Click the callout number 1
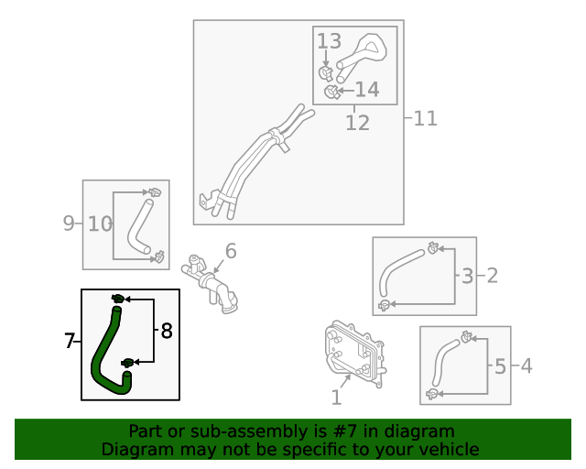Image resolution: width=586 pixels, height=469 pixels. [x=336, y=398]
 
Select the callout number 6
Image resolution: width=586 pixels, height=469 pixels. [x=231, y=250]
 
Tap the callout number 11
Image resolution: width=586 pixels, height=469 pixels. [x=425, y=118]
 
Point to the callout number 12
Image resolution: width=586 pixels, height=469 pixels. [x=357, y=122]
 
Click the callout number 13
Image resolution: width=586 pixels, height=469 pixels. [x=329, y=41]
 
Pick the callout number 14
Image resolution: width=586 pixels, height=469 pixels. [x=366, y=89]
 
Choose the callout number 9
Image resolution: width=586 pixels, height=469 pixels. [x=69, y=223]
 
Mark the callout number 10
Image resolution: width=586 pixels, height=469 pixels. [x=100, y=223]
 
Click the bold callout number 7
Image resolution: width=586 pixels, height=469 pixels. [x=70, y=341]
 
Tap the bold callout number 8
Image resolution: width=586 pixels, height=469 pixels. [x=166, y=331]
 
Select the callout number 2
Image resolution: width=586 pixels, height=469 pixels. [x=492, y=275]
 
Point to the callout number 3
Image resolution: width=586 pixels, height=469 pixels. [x=467, y=275]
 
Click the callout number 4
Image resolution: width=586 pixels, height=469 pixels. [x=526, y=366]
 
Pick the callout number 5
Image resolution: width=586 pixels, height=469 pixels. [x=500, y=366]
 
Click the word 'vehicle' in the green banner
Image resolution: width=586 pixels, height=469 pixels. [x=448, y=450]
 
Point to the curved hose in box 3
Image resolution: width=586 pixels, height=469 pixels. [x=403, y=272]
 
